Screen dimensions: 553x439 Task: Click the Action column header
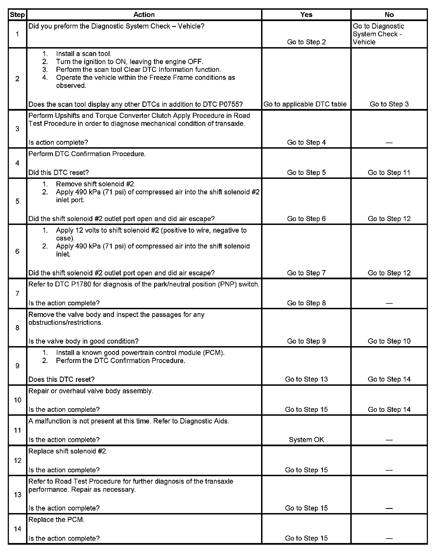pyautogui.click(x=144, y=15)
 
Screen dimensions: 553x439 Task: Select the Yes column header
pyautogui.click(x=306, y=15)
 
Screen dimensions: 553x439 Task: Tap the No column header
pyautogui.click(x=389, y=15)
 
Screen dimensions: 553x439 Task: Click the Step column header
pyautogui.click(x=17, y=15)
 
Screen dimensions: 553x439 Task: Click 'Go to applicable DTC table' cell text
pyautogui.click(x=305, y=104)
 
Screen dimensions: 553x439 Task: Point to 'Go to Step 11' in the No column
pyautogui.click(x=389, y=173)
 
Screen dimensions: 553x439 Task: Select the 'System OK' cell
pyautogui.click(x=306, y=440)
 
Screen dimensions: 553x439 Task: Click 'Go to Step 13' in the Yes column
pyautogui.click(x=306, y=379)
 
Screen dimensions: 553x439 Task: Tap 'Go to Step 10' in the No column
pyautogui.click(x=389, y=341)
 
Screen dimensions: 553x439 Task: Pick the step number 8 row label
pyautogui.click(x=17, y=328)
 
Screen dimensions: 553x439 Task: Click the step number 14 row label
pyautogui.click(x=17, y=529)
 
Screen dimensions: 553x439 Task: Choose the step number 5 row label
pyautogui.click(x=17, y=201)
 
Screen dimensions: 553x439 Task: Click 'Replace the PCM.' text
pyautogui.click(x=56, y=520)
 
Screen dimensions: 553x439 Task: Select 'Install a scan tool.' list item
pyautogui.click(x=83, y=54)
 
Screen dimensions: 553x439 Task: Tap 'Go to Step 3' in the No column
pyautogui.click(x=389, y=104)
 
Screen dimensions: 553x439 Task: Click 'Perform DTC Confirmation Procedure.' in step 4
pyautogui.click(x=87, y=154)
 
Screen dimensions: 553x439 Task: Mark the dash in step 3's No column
pyautogui.click(x=389, y=143)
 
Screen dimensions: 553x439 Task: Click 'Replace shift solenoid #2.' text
pyautogui.click(x=68, y=451)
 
